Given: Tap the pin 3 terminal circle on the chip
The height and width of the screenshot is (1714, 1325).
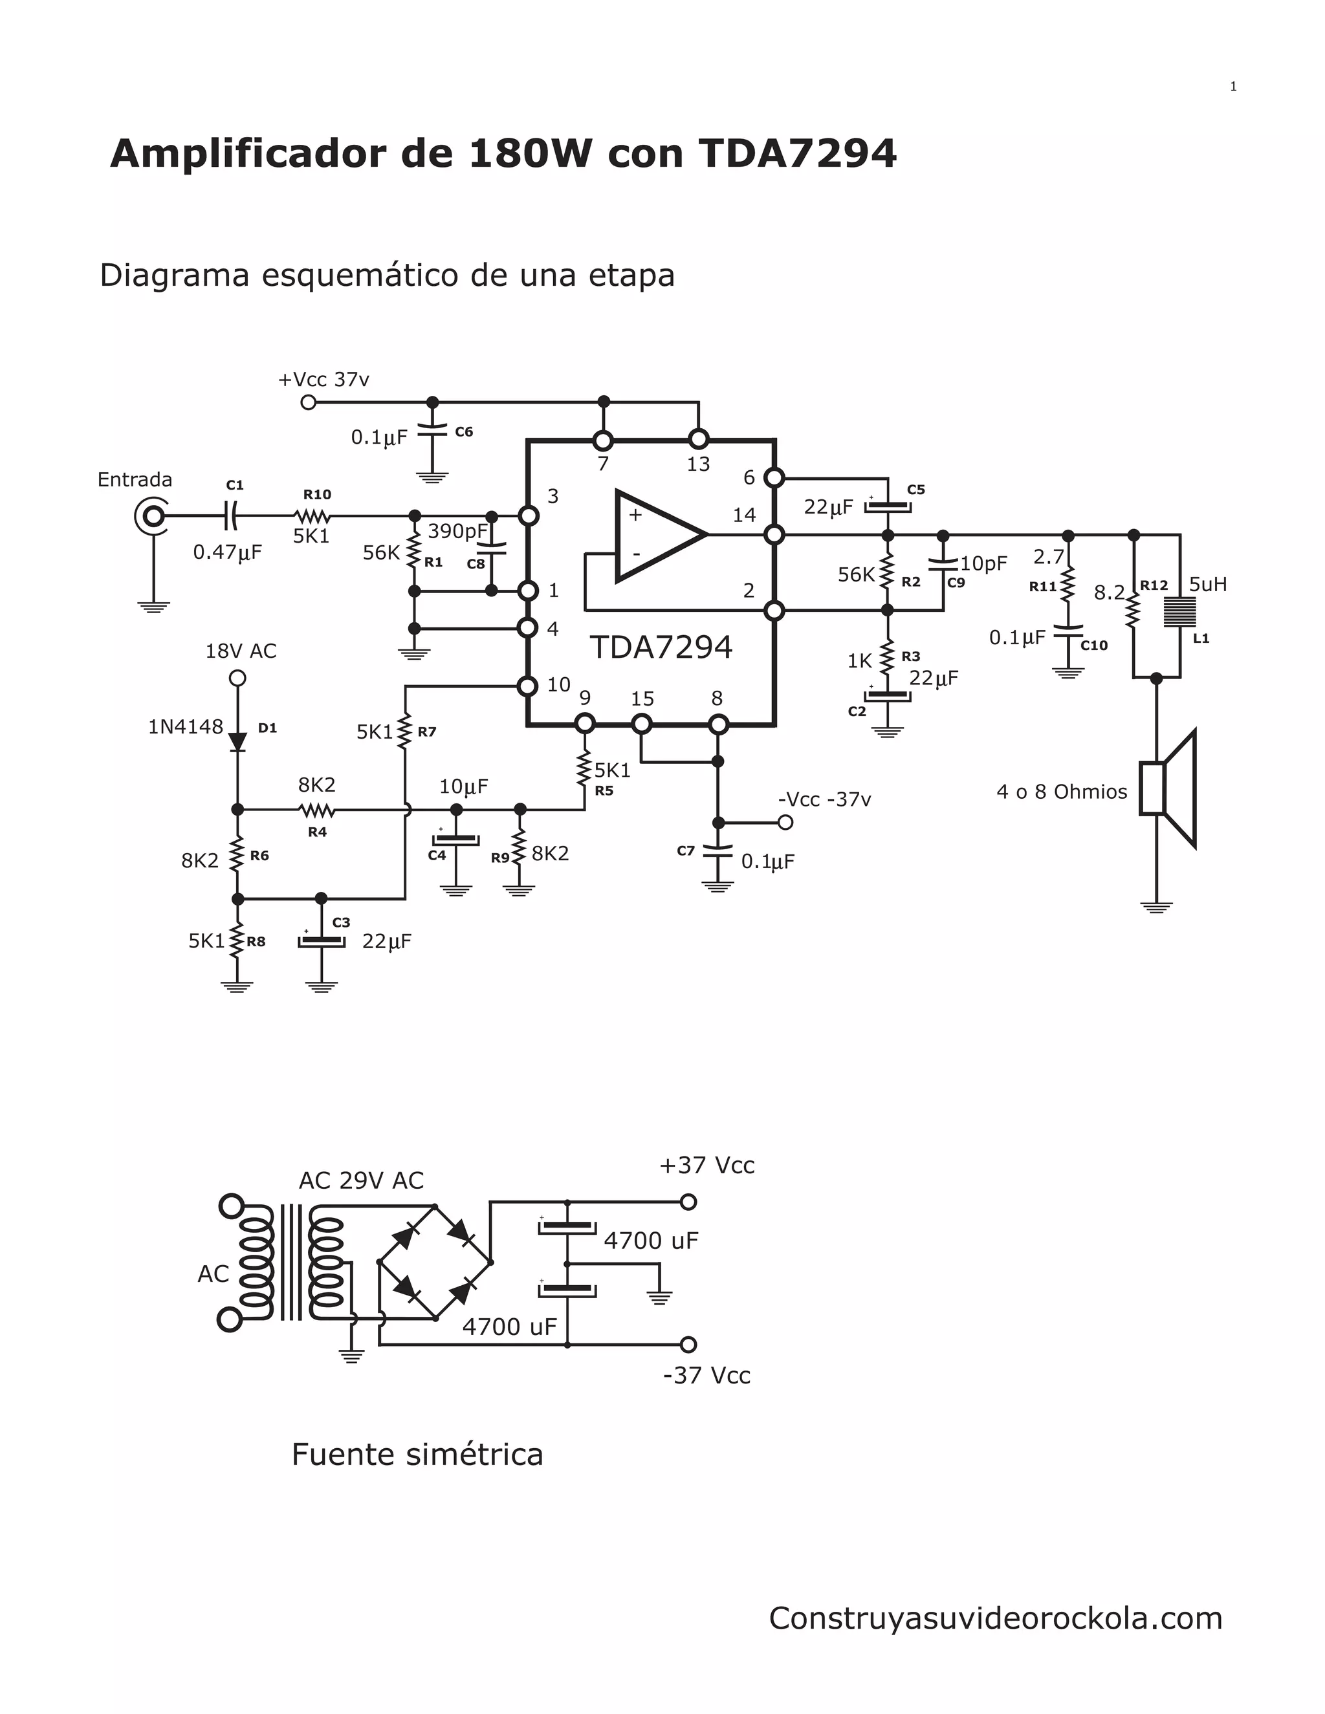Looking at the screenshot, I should (529, 515).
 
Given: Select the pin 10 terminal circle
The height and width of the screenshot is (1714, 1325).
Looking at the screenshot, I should (529, 686).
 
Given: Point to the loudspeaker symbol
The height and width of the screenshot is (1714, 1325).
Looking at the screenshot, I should (1169, 788).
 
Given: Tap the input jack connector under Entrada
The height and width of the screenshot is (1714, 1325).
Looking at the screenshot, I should (151, 515).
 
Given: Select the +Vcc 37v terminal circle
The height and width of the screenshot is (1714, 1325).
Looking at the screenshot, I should (309, 402).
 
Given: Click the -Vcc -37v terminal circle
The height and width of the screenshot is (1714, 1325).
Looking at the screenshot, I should (784, 823).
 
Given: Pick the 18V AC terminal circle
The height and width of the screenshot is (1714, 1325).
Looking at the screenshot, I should (237, 678).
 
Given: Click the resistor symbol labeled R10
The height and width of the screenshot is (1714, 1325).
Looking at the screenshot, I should (312, 516).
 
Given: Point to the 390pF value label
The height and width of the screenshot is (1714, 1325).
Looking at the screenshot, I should (457, 531).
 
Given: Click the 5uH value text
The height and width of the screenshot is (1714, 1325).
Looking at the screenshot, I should (1207, 585).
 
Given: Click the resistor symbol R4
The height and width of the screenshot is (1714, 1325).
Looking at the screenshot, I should (316, 810).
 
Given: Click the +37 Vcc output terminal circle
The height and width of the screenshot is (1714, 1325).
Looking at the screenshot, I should (688, 1202).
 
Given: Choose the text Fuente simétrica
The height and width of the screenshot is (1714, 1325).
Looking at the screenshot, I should (417, 1454).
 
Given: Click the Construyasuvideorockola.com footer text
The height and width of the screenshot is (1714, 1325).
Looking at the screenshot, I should (994, 1618).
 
